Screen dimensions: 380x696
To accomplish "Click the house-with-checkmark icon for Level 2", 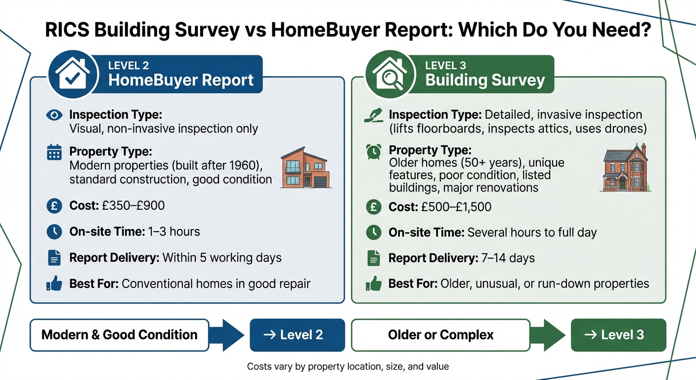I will click(x=72, y=75).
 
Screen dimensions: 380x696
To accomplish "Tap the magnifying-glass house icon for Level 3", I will click(x=390, y=75).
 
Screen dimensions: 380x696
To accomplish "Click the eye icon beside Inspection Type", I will click(x=53, y=115).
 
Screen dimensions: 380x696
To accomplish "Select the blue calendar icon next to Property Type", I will click(x=53, y=152).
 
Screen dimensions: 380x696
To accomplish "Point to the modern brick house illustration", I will click(x=305, y=168).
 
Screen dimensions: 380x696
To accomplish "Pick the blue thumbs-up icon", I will click(x=53, y=284).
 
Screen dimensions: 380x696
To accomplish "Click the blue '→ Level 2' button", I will click(x=297, y=335).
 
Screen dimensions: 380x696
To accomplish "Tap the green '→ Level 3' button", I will click(x=618, y=335).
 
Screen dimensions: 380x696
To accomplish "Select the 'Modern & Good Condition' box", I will click(x=119, y=335).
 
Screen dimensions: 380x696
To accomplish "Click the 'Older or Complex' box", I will click(x=440, y=335).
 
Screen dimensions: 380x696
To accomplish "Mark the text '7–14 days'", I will click(x=509, y=258).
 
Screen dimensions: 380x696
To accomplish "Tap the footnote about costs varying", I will click(x=348, y=367).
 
